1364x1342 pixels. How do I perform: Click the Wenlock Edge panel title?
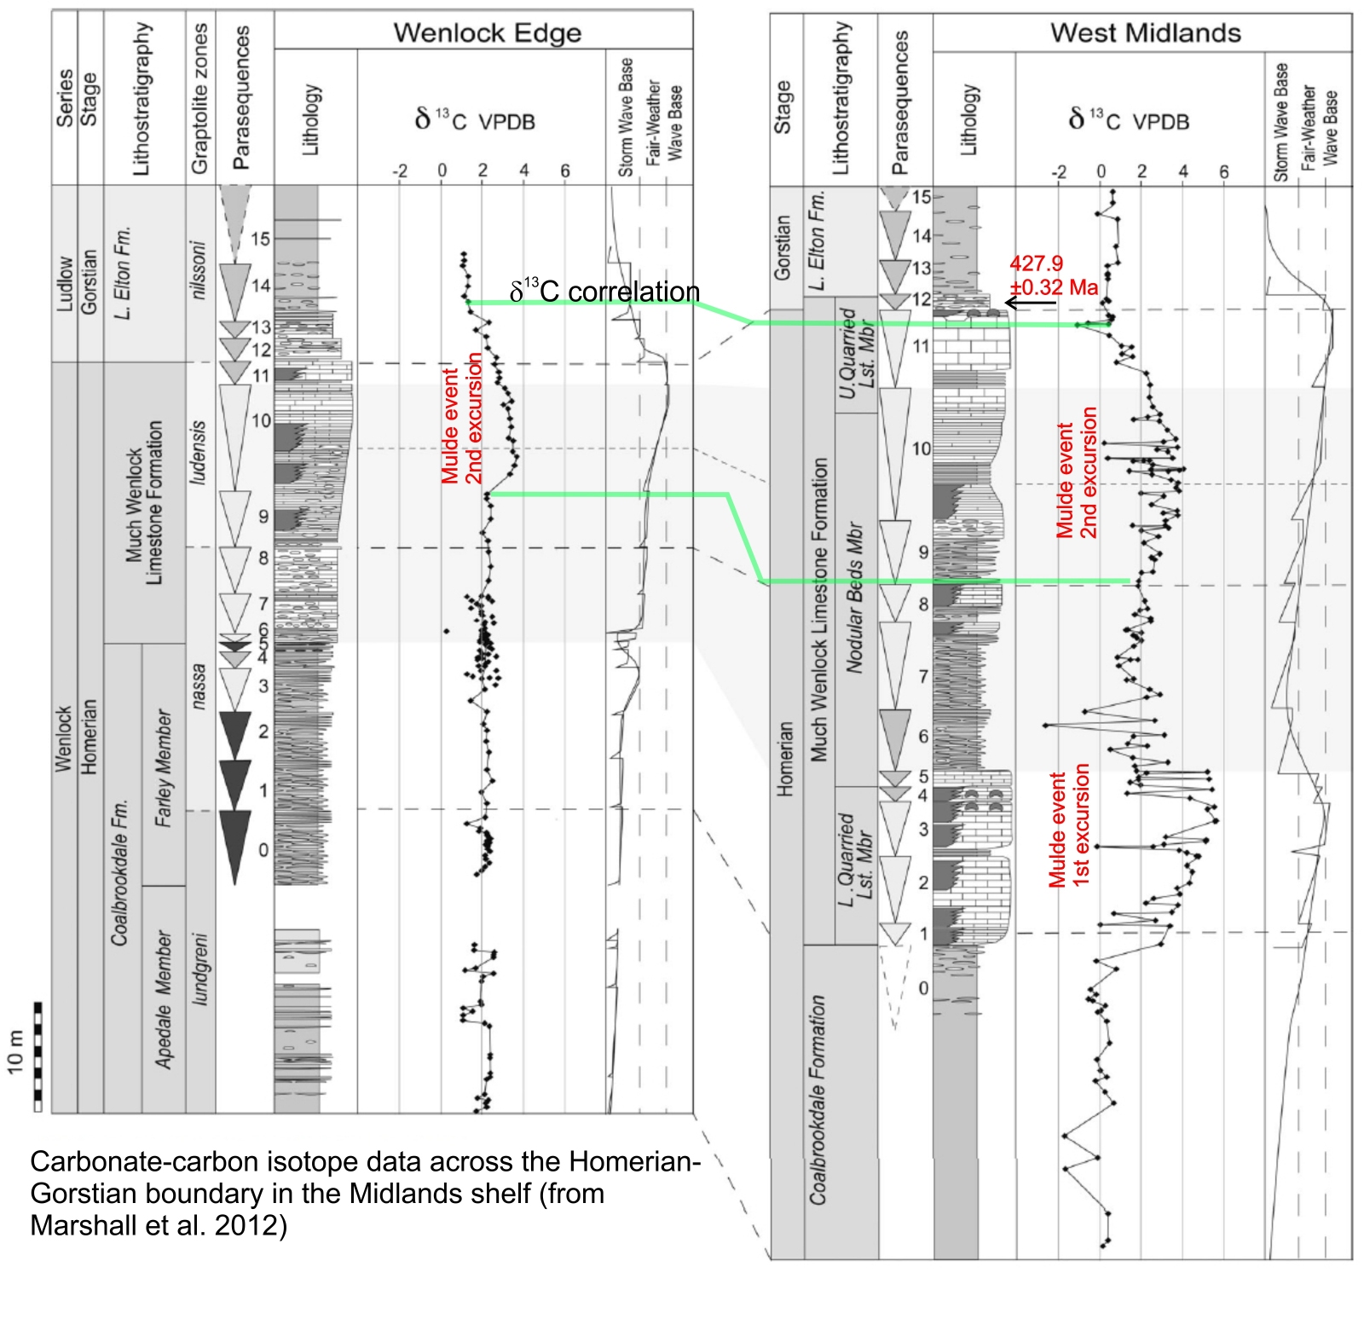[487, 33]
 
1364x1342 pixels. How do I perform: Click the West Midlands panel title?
[1145, 33]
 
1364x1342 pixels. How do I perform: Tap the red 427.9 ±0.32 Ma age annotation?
[1053, 275]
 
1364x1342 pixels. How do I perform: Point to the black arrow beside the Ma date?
[1030, 302]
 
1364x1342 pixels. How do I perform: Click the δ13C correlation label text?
[604, 292]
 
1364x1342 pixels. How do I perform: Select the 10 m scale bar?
[37, 1057]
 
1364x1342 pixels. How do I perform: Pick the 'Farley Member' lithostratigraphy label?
[164, 767]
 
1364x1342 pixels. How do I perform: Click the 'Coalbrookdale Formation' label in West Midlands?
[818, 1100]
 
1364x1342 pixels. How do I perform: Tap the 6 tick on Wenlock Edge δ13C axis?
[564, 171]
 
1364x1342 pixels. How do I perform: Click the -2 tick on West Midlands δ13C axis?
[1059, 172]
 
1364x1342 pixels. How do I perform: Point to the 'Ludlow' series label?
[64, 284]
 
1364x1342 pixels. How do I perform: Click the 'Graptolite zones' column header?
[199, 98]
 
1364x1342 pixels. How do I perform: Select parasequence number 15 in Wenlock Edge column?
[260, 239]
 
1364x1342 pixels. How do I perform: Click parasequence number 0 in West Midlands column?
[922, 988]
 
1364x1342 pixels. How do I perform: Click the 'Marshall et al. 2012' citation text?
[159, 1225]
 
